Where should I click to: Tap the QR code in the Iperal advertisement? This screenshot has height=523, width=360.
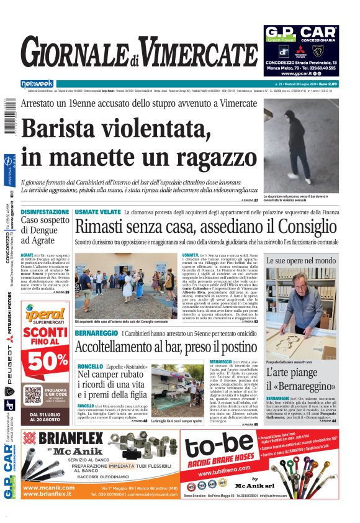(34, 395)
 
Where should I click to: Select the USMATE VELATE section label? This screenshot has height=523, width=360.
(98, 212)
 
